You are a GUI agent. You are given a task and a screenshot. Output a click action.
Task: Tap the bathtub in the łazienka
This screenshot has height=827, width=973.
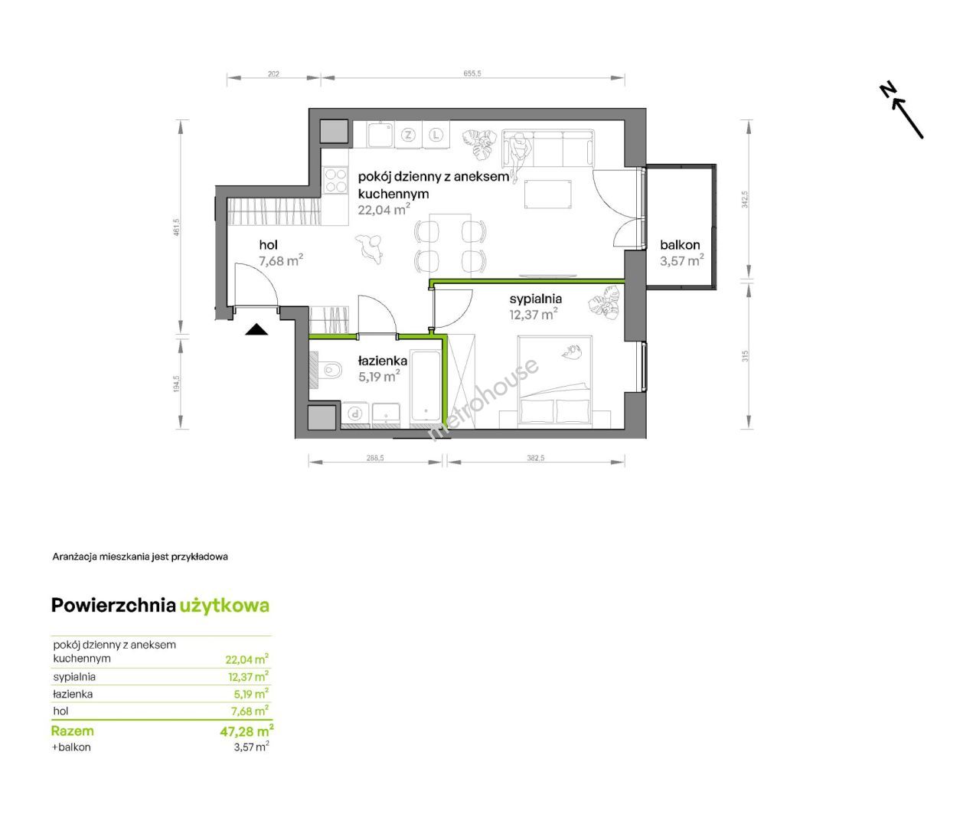coord(426,386)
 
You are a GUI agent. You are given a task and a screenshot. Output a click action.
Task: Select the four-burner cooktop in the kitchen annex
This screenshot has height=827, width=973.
coord(335,181)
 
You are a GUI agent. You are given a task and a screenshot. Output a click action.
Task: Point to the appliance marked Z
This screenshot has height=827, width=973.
coord(408,136)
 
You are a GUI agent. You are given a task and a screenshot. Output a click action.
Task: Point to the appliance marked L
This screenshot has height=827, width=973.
coord(436,136)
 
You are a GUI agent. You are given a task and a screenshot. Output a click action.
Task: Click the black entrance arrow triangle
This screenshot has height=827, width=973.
coord(256,330)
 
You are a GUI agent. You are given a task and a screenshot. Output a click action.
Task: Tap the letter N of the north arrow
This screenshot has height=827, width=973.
coord(886,90)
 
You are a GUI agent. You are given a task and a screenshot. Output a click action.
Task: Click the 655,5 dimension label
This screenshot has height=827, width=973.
coord(472,74)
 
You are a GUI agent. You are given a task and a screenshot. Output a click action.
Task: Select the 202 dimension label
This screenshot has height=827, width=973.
coord(273,74)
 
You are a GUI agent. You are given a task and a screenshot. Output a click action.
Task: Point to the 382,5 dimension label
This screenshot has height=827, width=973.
coord(536,457)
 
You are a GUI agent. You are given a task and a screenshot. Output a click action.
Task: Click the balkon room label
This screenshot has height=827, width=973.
coord(680,245)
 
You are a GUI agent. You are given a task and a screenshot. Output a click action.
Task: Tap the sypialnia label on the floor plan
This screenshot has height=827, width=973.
coord(536,299)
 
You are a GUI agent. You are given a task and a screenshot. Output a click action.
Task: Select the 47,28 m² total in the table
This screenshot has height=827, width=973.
coord(247,731)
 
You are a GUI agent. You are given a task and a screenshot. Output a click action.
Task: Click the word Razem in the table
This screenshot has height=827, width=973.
coord(73,731)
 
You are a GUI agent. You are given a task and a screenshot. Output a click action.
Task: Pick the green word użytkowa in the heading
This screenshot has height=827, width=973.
coord(224,606)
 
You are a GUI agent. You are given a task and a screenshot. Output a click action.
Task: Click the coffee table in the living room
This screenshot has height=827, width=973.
coord(548,194)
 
